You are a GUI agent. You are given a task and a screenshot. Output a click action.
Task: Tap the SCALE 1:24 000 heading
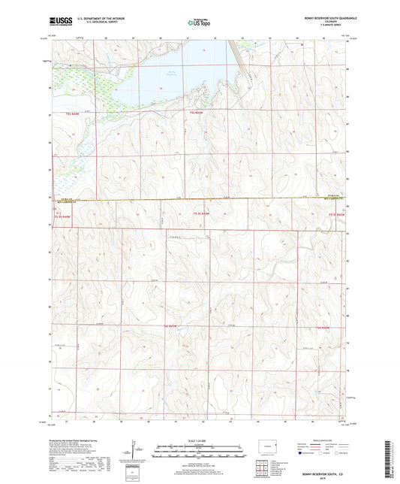[200, 440]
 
